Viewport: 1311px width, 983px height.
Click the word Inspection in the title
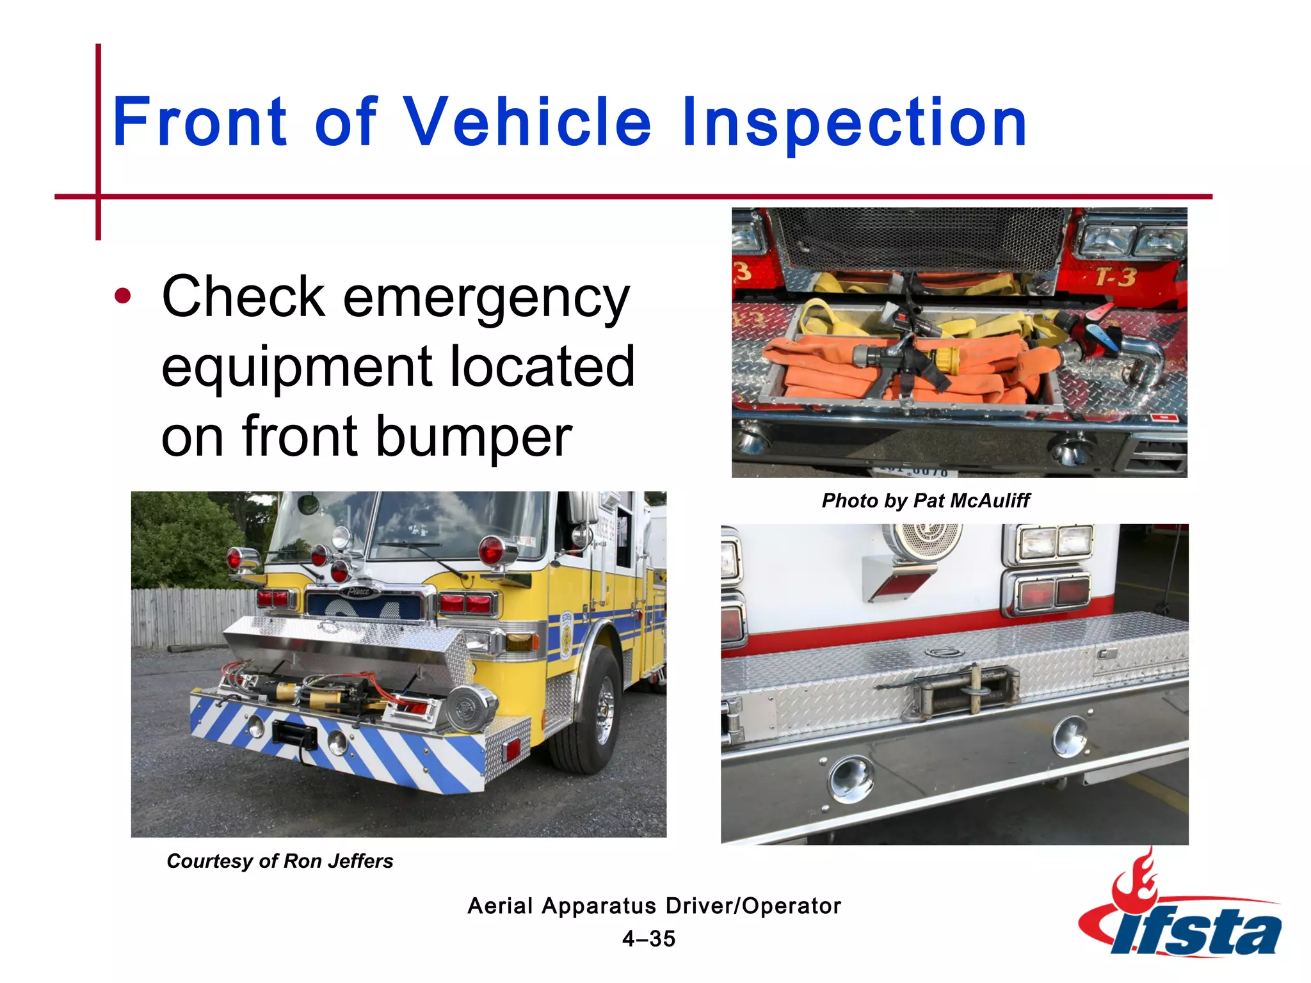point(853,122)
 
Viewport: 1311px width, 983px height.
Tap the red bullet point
point(122,296)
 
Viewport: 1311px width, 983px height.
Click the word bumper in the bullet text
point(473,436)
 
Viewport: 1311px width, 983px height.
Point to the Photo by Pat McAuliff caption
point(926,500)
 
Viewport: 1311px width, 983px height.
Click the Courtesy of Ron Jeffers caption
point(280,861)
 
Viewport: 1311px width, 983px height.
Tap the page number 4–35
point(648,939)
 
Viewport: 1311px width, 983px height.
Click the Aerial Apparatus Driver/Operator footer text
point(654,906)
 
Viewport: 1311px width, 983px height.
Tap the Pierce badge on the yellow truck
point(358,591)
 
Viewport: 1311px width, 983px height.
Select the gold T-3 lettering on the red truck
point(1115,277)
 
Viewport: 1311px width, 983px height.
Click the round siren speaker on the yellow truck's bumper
point(470,707)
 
